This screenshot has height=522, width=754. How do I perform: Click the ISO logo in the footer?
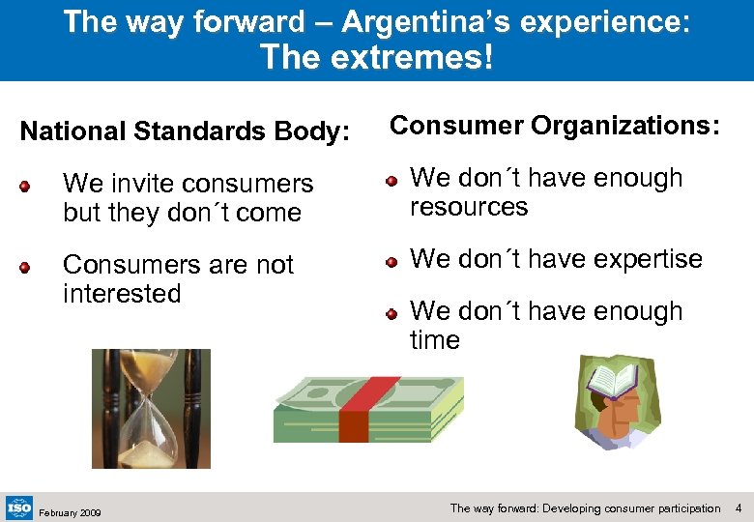19,507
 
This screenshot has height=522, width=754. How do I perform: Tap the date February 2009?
71,512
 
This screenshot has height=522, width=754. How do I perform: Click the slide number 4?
739,507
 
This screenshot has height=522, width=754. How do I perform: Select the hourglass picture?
150,408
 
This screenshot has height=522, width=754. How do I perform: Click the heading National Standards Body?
185,131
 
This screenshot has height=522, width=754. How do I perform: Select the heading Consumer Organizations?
555,126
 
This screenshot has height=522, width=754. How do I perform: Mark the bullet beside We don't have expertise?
391,260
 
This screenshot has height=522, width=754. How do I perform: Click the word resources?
469,207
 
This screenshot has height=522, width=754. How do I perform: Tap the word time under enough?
435,340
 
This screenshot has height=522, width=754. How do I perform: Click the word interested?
122,294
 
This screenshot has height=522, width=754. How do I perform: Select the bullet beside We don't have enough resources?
391,179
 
